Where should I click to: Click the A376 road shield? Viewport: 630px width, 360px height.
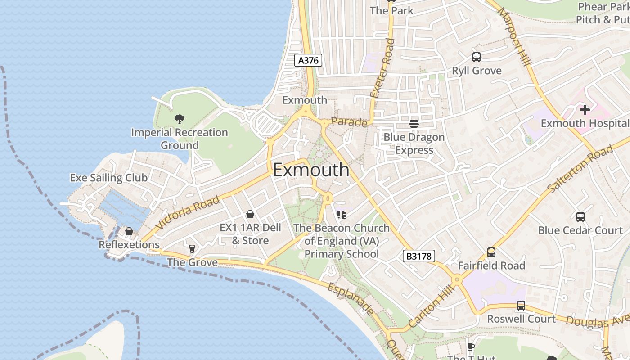(308, 60)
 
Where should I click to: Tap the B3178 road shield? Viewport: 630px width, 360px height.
(418, 256)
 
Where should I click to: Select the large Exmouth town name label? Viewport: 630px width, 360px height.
(311, 170)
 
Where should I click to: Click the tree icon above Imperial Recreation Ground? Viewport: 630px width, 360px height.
(180, 119)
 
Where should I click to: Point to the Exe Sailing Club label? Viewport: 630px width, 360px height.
(108, 178)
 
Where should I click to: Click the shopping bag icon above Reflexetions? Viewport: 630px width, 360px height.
(129, 231)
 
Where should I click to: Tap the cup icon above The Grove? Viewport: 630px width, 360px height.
(192, 249)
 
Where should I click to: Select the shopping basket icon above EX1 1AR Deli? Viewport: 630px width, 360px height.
(250, 214)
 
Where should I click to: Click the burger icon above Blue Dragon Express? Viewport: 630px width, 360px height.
(414, 124)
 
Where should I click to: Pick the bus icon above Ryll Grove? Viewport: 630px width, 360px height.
(477, 57)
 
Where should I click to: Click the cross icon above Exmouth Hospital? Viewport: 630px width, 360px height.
(585, 110)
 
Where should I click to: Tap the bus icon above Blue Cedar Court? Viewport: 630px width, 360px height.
(580, 217)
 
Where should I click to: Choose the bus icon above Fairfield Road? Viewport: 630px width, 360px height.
(491, 252)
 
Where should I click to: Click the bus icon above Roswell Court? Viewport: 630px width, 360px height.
(521, 306)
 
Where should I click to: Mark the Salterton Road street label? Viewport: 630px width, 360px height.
(580, 169)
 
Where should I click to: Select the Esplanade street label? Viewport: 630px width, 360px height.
(351, 299)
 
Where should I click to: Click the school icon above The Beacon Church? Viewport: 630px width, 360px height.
(341, 214)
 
